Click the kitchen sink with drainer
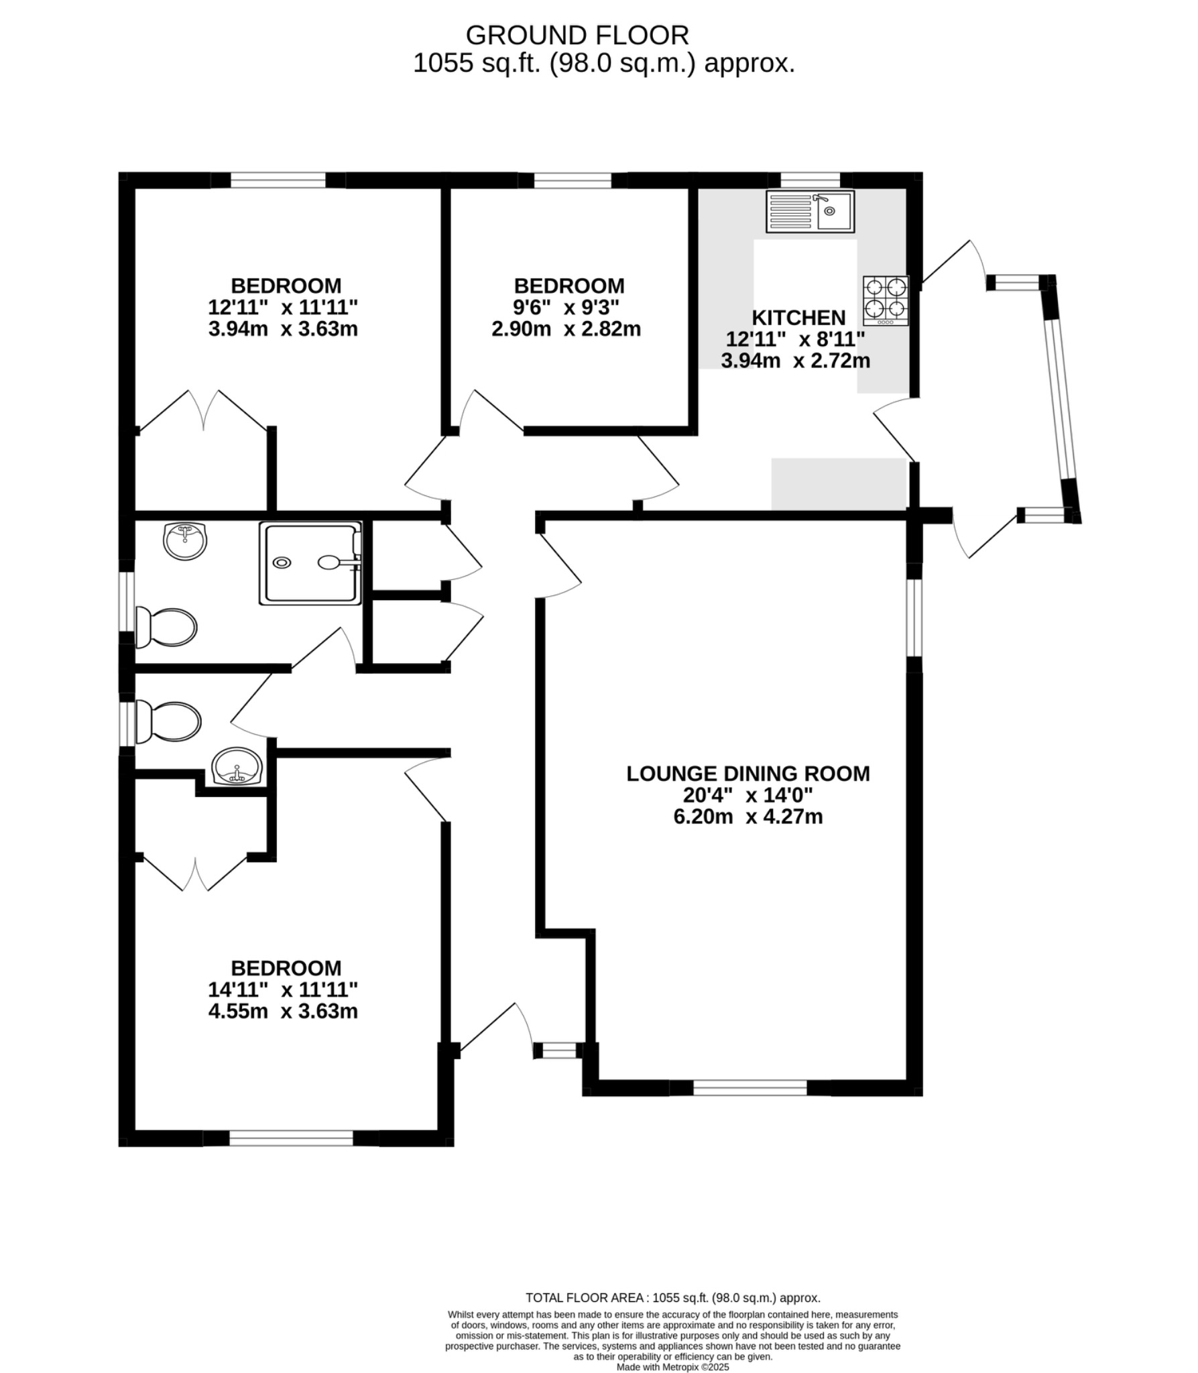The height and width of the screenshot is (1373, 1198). (x=810, y=211)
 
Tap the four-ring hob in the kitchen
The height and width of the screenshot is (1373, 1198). (x=886, y=300)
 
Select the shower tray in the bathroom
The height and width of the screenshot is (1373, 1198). (x=311, y=562)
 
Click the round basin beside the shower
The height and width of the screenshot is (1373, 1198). (x=185, y=540)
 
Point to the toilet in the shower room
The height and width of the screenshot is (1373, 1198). (x=166, y=628)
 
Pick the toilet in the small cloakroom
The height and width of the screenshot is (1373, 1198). (x=168, y=722)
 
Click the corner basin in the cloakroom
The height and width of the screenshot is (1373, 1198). (x=237, y=766)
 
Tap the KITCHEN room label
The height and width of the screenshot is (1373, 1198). (x=798, y=317)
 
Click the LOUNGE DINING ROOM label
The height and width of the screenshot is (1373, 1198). (x=748, y=774)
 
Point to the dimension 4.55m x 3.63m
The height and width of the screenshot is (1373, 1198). (x=283, y=1011)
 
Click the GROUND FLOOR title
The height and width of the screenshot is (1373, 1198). (x=577, y=35)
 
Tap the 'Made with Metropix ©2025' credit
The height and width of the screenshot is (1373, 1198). (x=672, y=1367)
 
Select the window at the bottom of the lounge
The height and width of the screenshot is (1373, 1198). (x=750, y=1087)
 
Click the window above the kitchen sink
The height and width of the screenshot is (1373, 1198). (x=810, y=180)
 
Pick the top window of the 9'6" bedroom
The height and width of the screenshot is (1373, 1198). (x=573, y=180)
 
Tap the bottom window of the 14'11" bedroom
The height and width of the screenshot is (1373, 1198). (x=291, y=1138)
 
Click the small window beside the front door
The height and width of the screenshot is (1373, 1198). (x=559, y=1050)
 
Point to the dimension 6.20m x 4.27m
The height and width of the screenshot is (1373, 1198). (x=748, y=817)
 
